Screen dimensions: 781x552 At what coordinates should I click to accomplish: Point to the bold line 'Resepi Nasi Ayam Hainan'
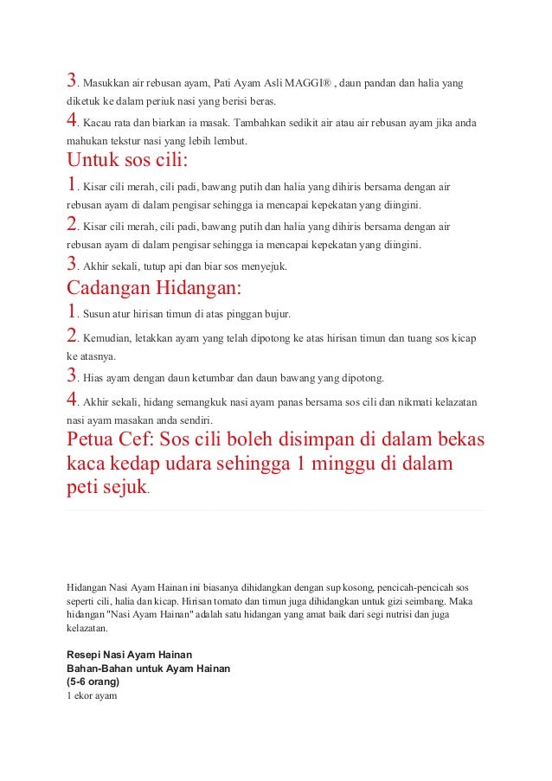tap(129, 654)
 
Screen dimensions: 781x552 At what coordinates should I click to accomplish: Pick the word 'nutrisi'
tap(381, 615)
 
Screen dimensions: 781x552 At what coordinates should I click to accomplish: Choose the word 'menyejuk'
tap(260, 266)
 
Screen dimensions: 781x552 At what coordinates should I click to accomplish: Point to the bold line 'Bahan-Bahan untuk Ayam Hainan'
tap(148, 668)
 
